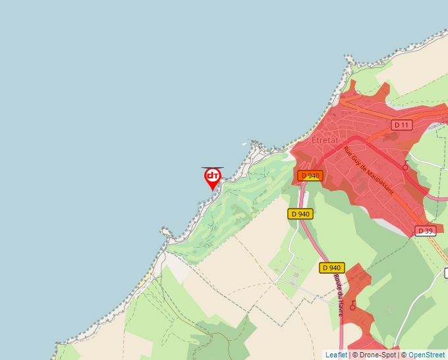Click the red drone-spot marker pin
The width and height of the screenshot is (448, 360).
click(212, 178)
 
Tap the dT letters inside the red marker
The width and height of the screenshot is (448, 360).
click(212, 176)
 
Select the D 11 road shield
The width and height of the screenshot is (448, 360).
click(401, 125)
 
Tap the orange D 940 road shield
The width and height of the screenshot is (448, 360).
click(310, 176)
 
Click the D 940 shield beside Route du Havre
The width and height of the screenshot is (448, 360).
click(332, 268)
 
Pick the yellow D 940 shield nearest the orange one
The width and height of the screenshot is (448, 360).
click(300, 214)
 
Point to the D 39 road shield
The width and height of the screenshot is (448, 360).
click(426, 230)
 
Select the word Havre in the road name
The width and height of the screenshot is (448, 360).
click(340, 307)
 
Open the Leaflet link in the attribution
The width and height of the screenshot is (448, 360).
click(336, 355)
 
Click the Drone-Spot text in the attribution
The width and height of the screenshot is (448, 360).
click(378, 355)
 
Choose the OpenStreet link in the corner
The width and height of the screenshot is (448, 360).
click(426, 355)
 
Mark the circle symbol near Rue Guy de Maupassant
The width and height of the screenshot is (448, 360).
click(405, 167)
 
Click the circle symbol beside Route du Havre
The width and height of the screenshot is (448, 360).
click(353, 306)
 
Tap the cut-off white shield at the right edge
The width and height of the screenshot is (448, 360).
click(445, 272)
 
